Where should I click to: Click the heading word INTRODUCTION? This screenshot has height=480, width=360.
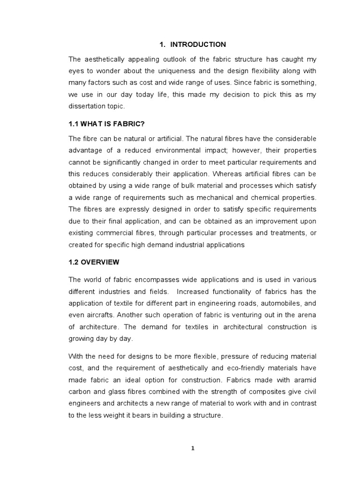coord(198,45)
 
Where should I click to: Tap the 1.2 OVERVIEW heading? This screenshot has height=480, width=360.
coord(94,262)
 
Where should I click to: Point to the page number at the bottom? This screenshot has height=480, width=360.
coord(192,448)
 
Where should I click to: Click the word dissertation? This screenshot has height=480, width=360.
coord(88,106)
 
